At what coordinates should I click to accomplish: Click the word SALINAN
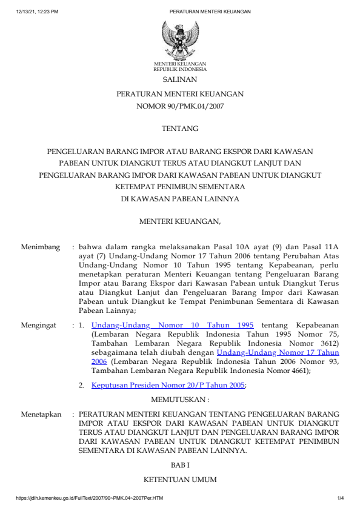click(x=179, y=79)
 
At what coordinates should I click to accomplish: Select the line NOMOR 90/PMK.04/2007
click(x=179, y=106)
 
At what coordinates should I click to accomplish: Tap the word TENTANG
click(x=179, y=129)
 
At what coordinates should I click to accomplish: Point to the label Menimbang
click(x=41, y=247)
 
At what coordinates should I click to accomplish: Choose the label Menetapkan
click(x=41, y=414)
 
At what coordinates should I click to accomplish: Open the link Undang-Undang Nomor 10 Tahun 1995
click(x=172, y=325)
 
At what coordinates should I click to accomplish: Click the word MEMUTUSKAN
click(x=179, y=400)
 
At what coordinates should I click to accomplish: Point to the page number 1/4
click(x=341, y=499)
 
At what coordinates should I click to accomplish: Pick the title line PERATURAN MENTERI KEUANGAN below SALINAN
click(x=179, y=94)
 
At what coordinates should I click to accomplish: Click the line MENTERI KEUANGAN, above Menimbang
click(x=180, y=222)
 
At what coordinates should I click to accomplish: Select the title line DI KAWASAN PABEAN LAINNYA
click(x=179, y=198)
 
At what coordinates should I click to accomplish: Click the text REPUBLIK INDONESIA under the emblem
click(x=179, y=69)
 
